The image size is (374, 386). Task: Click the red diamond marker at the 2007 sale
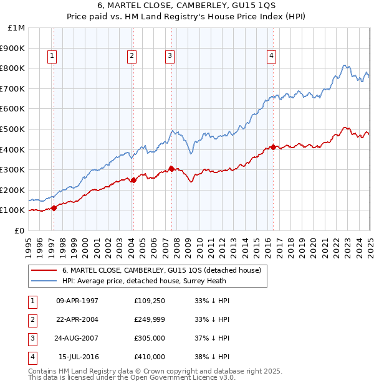[172, 168]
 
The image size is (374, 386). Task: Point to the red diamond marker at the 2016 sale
[274, 148]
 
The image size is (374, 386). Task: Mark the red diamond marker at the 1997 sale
[54, 208]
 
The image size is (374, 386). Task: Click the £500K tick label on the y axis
[12, 129]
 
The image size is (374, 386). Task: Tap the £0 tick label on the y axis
[19, 230]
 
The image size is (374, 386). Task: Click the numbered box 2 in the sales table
[31, 320]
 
